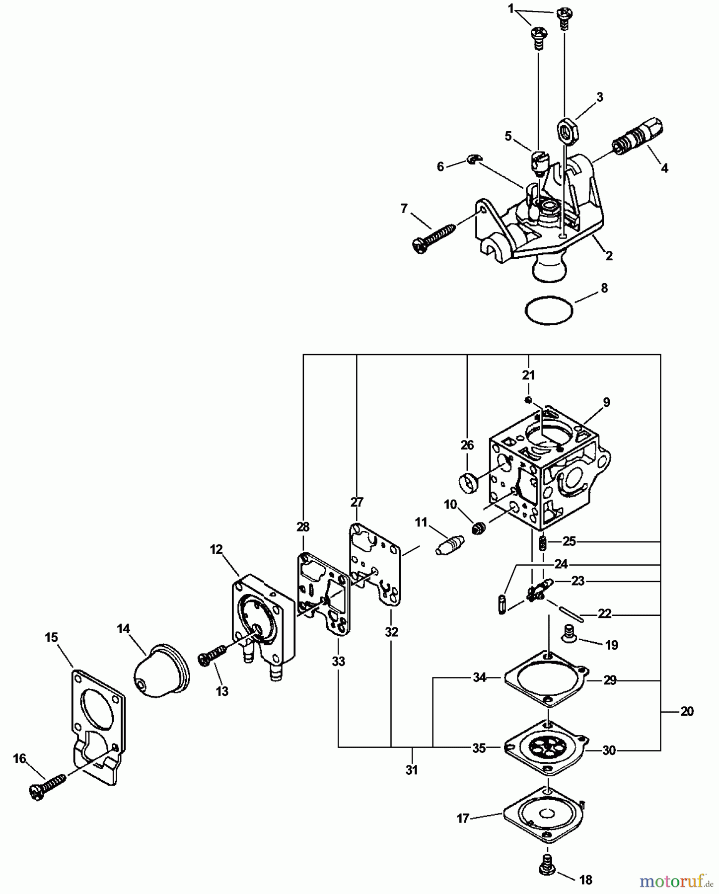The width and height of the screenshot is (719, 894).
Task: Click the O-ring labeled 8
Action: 548,311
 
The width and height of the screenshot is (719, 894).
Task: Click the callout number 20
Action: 687,712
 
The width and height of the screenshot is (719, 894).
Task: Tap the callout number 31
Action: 412,770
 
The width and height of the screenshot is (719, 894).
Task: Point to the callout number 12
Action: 216,549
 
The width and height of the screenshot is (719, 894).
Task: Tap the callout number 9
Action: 606,402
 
